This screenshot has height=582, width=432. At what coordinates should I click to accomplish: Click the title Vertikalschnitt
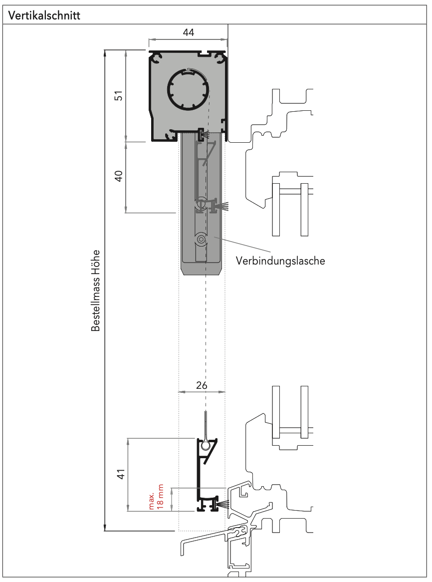pyautogui.click(x=44, y=15)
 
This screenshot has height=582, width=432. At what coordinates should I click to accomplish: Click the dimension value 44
pyautogui.click(x=188, y=32)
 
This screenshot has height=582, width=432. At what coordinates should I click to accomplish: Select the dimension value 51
pyautogui.click(x=119, y=95)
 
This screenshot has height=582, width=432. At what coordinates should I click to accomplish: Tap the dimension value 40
pyautogui.click(x=119, y=176)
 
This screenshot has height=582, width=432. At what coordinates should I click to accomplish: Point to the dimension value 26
pyautogui.click(x=202, y=385)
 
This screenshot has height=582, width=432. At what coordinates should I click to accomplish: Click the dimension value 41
pyautogui.click(x=120, y=475)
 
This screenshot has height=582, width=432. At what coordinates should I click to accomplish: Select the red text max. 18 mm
pyautogui.click(x=156, y=497)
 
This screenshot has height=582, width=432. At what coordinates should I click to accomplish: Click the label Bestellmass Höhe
pyautogui.click(x=96, y=291)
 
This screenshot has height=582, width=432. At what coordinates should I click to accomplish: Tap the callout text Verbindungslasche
pyautogui.click(x=280, y=261)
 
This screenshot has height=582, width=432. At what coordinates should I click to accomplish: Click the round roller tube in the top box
pyautogui.click(x=187, y=89)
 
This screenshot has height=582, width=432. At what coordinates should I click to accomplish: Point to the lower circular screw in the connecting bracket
pyautogui.click(x=201, y=240)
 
